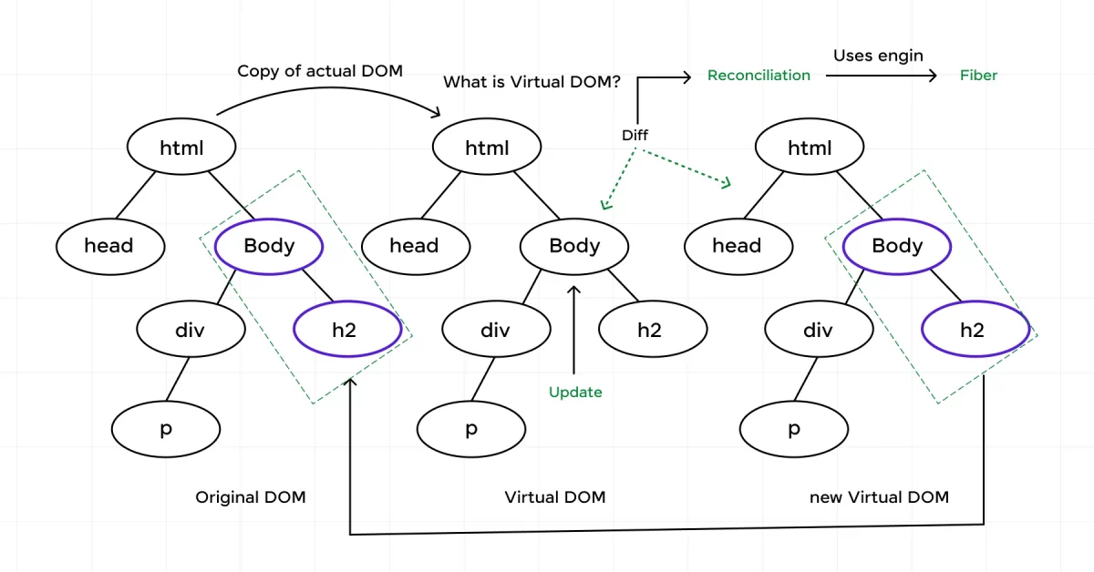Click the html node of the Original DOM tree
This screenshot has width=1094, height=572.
[181, 148]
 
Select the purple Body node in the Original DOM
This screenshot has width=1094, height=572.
[269, 246]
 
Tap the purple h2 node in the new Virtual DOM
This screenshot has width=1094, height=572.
[972, 330]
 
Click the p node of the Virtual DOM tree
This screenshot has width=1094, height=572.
[470, 429]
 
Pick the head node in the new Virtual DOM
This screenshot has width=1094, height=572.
[737, 246]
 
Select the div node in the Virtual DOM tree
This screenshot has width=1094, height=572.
[495, 330]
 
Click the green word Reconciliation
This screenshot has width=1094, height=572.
[759, 76]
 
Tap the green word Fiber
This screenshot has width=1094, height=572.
[978, 76]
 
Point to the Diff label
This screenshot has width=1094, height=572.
[635, 136]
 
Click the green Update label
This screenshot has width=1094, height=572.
[575, 393]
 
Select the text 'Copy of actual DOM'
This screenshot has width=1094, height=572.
[320, 71]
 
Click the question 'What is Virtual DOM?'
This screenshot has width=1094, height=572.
[532, 82]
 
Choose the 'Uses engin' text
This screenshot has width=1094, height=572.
[878, 56]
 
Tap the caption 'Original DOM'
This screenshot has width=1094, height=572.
[251, 497]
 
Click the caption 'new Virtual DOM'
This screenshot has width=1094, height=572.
[879, 497]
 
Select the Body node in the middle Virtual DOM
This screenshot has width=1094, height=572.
[574, 246]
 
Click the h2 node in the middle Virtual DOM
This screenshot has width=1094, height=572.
[649, 330]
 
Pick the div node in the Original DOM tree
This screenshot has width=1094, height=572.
[191, 330]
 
